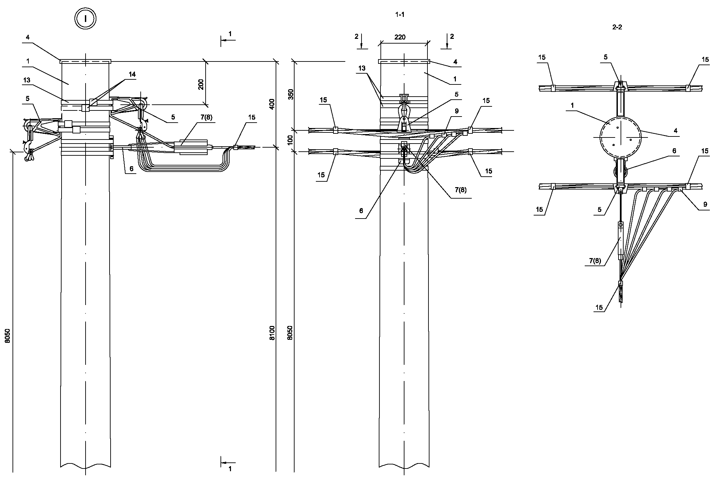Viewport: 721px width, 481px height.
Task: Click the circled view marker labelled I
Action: click(x=86, y=19)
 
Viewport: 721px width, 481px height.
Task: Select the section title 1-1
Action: click(x=400, y=15)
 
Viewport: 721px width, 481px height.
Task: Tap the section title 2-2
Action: click(x=617, y=27)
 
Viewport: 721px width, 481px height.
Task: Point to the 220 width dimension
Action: click(x=400, y=37)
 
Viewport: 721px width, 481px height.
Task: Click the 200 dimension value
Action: click(x=201, y=84)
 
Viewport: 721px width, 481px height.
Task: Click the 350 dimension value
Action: click(x=290, y=94)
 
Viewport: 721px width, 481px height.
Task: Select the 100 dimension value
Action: click(x=290, y=140)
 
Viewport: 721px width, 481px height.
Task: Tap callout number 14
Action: click(x=132, y=74)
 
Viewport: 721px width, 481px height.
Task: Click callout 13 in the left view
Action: click(x=27, y=80)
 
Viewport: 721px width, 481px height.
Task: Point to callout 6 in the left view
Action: click(x=131, y=169)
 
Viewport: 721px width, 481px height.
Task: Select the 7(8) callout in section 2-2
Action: click(x=595, y=261)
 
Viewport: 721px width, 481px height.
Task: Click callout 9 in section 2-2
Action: click(x=705, y=204)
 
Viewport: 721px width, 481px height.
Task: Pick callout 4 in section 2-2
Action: click(x=675, y=131)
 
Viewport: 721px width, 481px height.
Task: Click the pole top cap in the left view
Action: click(x=85, y=61)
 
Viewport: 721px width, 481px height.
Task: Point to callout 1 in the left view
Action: click(x=28, y=61)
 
